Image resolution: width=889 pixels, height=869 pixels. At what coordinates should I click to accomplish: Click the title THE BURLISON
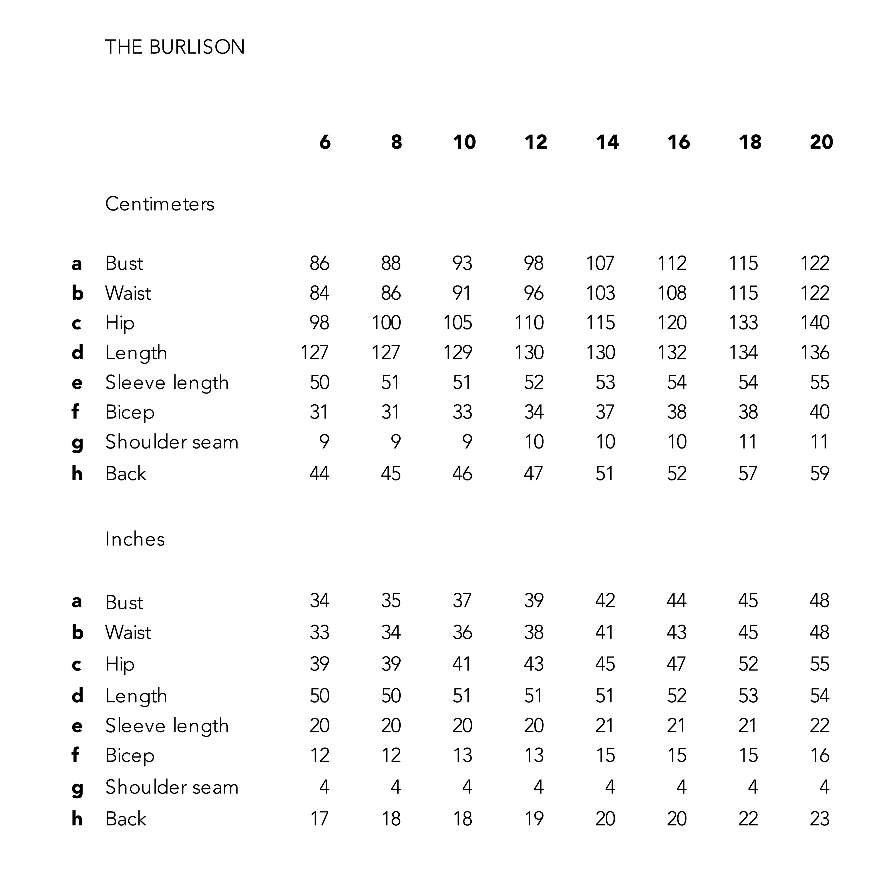[175, 47]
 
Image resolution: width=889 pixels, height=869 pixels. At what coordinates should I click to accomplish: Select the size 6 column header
[325, 142]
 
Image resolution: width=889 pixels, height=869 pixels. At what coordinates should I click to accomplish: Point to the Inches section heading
[135, 539]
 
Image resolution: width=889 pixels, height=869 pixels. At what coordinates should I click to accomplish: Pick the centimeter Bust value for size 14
[600, 263]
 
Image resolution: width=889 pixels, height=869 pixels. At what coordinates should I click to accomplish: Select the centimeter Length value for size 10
[458, 352]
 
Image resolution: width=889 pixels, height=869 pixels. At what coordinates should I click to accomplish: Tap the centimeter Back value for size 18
[748, 473]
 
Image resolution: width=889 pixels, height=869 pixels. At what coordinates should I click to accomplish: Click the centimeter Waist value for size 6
[319, 293]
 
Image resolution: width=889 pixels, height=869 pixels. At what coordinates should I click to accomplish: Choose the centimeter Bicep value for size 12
[534, 412]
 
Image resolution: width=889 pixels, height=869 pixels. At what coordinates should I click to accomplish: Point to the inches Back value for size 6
[319, 818]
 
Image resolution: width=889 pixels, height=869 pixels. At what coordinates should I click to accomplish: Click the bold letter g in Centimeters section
[77, 443]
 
